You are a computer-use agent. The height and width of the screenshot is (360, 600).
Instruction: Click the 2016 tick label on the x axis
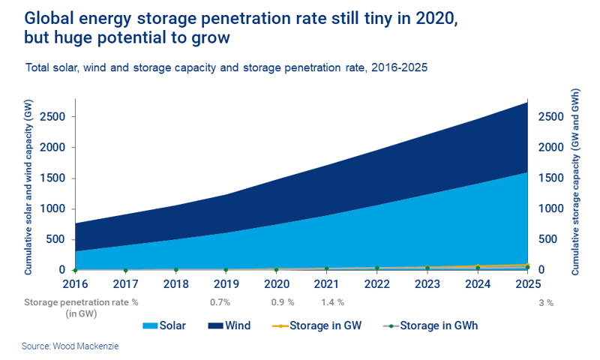75,286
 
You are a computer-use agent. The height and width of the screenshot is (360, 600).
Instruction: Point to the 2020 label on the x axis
276,286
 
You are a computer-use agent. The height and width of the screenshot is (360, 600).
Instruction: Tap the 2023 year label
427,286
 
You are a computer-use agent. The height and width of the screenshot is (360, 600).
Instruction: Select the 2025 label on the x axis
528,286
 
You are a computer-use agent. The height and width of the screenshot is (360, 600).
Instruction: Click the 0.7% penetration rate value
220,302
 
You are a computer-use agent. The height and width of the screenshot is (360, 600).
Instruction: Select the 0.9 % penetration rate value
282,302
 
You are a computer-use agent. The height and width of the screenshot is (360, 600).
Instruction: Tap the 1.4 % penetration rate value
331,302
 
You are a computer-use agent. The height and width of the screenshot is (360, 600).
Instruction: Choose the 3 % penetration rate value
545,302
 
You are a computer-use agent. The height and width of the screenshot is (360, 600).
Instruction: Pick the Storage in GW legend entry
315,325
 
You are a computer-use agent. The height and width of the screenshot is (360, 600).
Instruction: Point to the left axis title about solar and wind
28,187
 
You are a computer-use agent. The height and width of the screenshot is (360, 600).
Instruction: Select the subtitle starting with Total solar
226,67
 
